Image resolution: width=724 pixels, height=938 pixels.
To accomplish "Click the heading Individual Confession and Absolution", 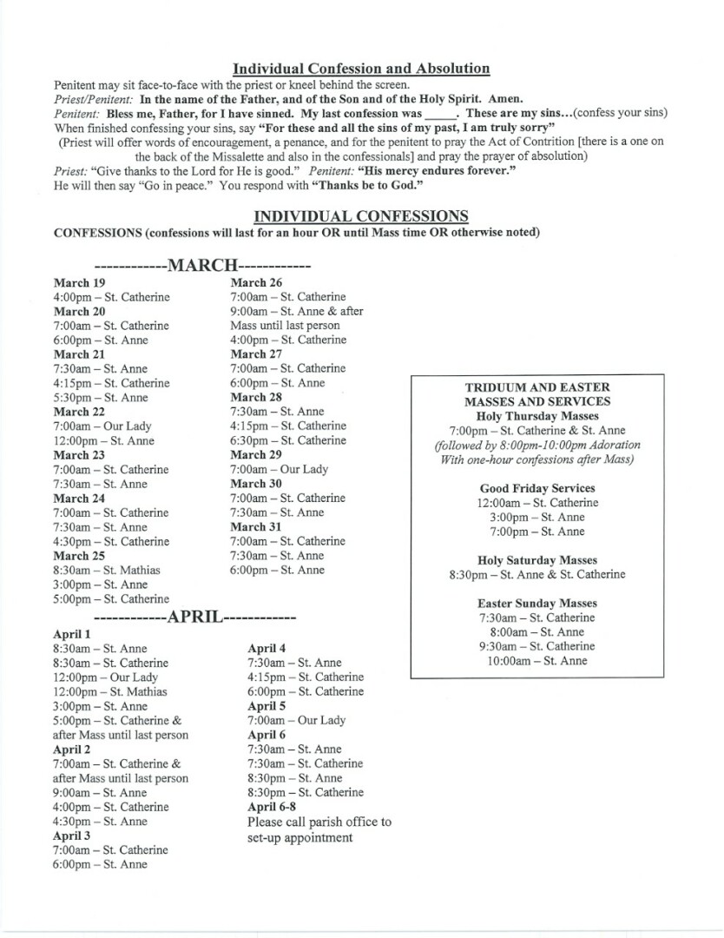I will click(x=361, y=68).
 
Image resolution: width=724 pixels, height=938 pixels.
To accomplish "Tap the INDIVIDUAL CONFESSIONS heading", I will click(x=361, y=216).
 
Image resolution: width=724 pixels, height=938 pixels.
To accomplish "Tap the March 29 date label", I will click(x=256, y=454).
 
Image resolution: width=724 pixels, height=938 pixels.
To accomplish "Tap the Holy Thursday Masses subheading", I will click(x=537, y=416).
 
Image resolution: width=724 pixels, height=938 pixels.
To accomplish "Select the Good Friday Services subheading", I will click(x=537, y=488).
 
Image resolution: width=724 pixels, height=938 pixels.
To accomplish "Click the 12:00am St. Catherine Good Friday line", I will click(x=537, y=503).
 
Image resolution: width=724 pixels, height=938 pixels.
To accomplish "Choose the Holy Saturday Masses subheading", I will click(x=537, y=560).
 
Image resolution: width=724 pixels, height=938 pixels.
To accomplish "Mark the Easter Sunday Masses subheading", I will click(x=537, y=603).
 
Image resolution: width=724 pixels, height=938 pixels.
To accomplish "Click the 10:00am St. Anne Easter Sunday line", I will click(x=537, y=661).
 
